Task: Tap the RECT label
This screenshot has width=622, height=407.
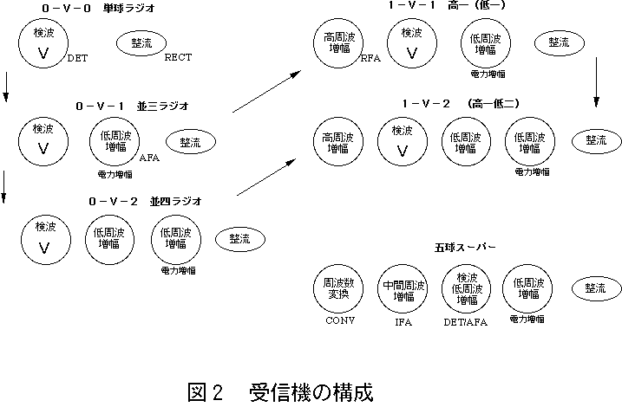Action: [178, 58]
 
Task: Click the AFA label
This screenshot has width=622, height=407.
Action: [148, 158]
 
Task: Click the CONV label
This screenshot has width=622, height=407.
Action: [341, 320]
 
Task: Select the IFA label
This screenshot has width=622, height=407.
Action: [403, 321]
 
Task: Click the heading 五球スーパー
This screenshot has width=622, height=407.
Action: [465, 248]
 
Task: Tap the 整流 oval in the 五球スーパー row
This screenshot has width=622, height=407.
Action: [595, 288]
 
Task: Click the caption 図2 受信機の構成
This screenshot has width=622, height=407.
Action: [279, 391]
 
